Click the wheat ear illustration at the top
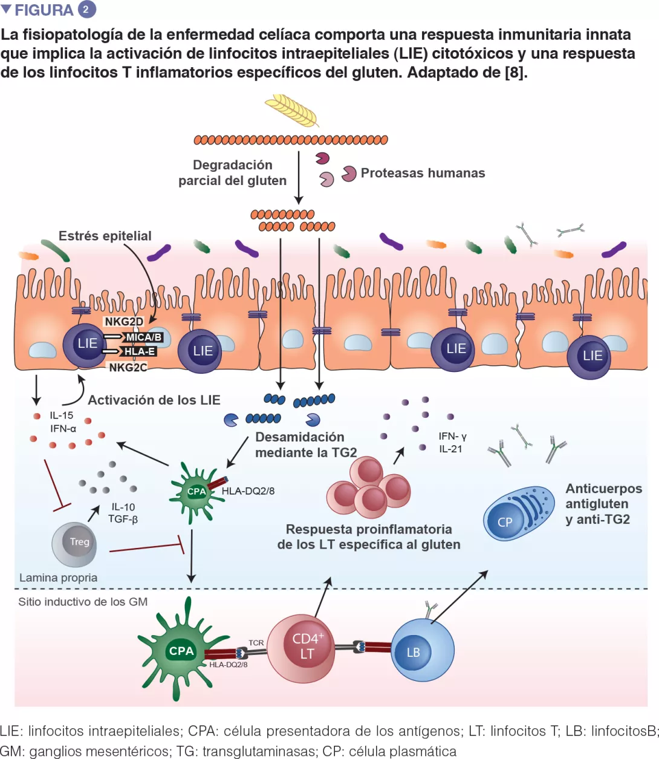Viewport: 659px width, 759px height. pyautogui.click(x=293, y=110)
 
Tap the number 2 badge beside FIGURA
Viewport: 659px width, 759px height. pyautogui.click(x=87, y=10)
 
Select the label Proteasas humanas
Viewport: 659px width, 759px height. pyautogui.click(x=423, y=173)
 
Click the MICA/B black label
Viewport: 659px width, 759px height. pyautogui.click(x=143, y=337)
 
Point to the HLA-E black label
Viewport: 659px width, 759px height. pyautogui.click(x=139, y=351)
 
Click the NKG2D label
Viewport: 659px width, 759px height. pyautogui.click(x=123, y=322)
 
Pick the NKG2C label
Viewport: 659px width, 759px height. pyautogui.click(x=128, y=367)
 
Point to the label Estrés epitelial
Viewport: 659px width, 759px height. pyautogui.click(x=105, y=236)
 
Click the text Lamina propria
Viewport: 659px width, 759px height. pyautogui.click(x=58, y=578)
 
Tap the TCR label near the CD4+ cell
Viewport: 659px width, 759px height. pyautogui.click(x=256, y=643)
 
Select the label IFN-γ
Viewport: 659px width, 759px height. pyautogui.click(x=452, y=436)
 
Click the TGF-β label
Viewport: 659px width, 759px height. pyautogui.click(x=123, y=519)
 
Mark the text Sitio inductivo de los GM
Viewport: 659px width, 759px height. pyautogui.click(x=83, y=602)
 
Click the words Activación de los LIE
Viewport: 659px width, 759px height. pyautogui.click(x=154, y=400)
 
